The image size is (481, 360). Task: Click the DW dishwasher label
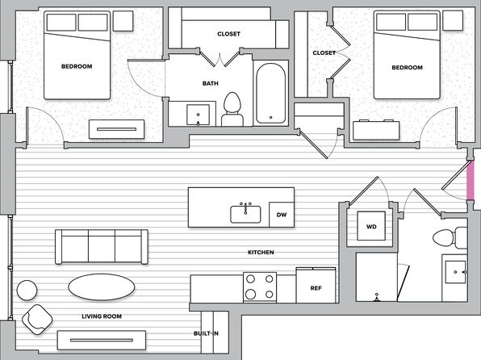(282, 215)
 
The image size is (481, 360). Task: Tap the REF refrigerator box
(316, 285)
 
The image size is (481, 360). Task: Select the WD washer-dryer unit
(371, 226)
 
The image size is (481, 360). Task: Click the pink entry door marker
(471, 180)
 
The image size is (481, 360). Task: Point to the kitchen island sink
(245, 214)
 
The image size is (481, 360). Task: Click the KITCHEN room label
(261, 253)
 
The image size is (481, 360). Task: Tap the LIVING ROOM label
(102, 316)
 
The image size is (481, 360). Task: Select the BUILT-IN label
(206, 333)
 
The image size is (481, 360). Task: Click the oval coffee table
(101, 287)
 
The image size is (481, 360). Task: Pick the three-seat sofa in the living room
(102, 247)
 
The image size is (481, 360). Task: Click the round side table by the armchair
(27, 290)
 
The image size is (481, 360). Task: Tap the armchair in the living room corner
(37, 320)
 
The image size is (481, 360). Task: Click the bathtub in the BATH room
(271, 94)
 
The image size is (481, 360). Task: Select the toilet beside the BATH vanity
(232, 109)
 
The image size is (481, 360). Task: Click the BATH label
(211, 83)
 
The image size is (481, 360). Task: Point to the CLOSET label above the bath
(229, 34)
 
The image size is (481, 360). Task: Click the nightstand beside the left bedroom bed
(123, 21)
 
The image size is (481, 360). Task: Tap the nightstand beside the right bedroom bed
(453, 20)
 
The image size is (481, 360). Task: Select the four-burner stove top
(260, 287)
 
